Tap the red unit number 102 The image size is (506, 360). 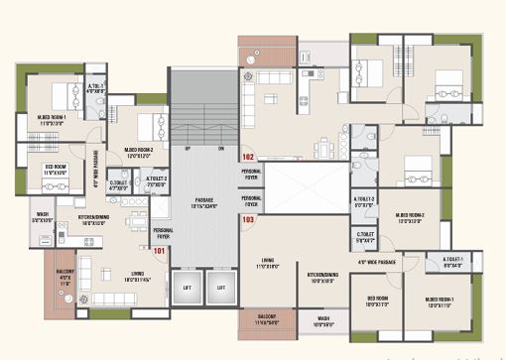tap(248, 158)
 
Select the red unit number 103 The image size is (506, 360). tap(248, 219)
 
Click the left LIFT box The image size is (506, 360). tap(187, 289)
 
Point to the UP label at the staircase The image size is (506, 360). tap(188, 149)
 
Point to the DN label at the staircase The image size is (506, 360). tap(220, 149)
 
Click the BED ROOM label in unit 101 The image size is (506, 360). tap(55, 168)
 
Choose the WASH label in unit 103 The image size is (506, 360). tap(323, 320)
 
